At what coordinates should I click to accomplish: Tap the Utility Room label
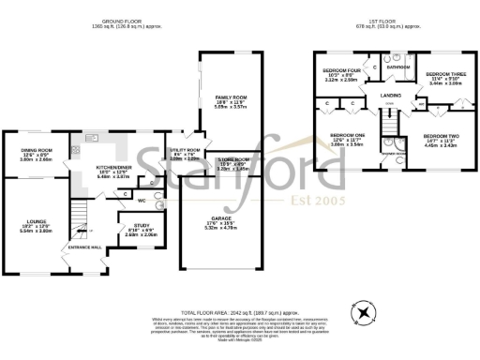pos(185,150)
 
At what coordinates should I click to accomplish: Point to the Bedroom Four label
pos(339,70)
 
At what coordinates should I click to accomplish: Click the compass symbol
pos(363,308)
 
